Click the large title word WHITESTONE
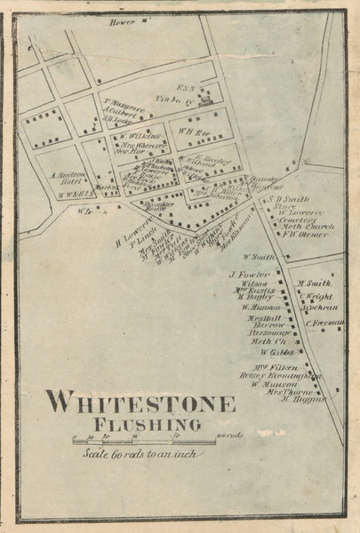(x=140, y=402)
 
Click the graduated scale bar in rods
(x=142, y=439)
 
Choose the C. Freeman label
(x=325, y=322)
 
